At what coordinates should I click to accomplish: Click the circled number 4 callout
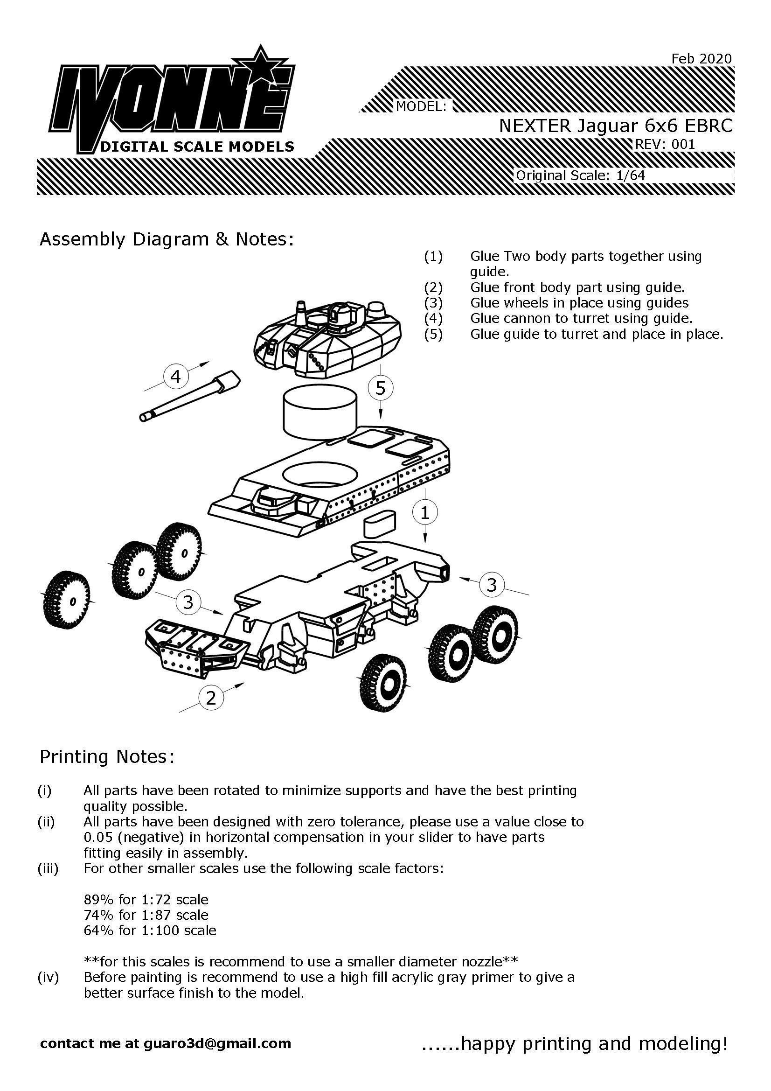(x=176, y=377)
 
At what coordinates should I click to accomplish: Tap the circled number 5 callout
(x=381, y=388)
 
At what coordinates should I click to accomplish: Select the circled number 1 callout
(x=425, y=512)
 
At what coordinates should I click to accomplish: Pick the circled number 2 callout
(x=211, y=697)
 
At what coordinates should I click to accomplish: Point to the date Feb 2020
(x=701, y=58)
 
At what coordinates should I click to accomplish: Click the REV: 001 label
(x=665, y=145)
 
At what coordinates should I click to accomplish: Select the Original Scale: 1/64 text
(x=580, y=175)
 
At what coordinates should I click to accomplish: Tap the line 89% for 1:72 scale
(x=146, y=900)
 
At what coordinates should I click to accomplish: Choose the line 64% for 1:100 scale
(x=150, y=930)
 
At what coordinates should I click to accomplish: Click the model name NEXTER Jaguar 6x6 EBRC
(x=616, y=126)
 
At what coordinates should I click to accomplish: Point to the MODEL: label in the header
(x=421, y=106)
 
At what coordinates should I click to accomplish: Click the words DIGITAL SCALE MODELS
(x=197, y=147)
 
